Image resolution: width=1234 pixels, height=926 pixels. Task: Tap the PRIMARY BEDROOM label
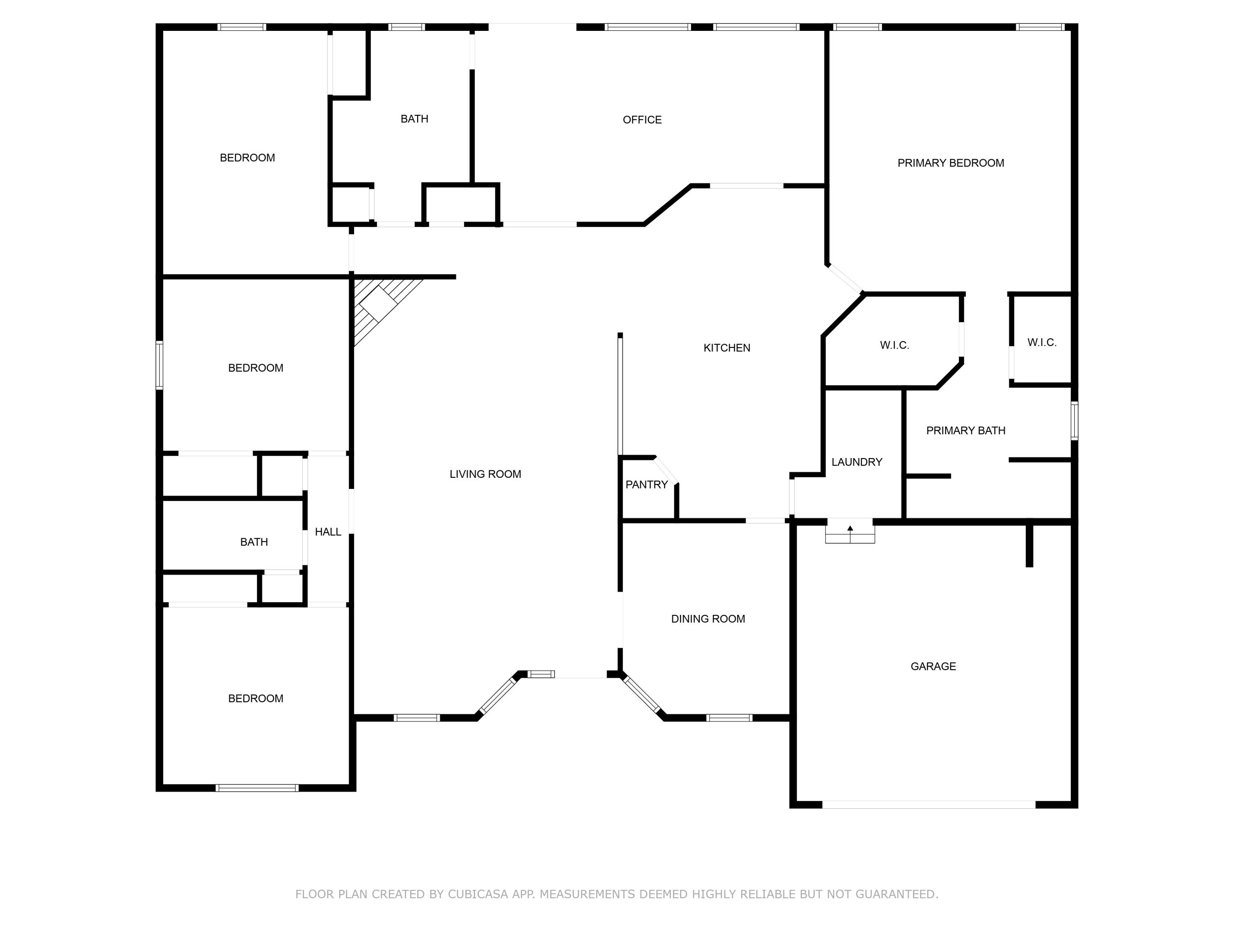(950, 163)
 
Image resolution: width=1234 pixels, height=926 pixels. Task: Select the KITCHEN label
(726, 348)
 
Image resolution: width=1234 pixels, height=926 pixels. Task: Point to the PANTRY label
(646, 484)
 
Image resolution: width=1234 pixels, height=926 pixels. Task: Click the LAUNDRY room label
(856, 462)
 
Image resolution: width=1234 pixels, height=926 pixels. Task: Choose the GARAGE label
(933, 666)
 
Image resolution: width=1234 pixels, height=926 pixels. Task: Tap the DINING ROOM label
(707, 619)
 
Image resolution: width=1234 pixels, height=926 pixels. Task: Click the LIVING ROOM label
(485, 474)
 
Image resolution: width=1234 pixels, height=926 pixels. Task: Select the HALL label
(327, 532)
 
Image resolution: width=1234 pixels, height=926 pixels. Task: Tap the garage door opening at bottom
(928, 804)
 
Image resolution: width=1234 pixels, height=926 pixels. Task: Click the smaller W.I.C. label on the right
(1041, 343)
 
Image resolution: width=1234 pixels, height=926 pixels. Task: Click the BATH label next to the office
(414, 119)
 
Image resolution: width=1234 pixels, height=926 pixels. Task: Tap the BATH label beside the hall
(254, 542)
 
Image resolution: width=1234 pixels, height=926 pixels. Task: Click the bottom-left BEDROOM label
(255, 698)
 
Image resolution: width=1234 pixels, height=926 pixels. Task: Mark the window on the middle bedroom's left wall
(160, 365)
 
